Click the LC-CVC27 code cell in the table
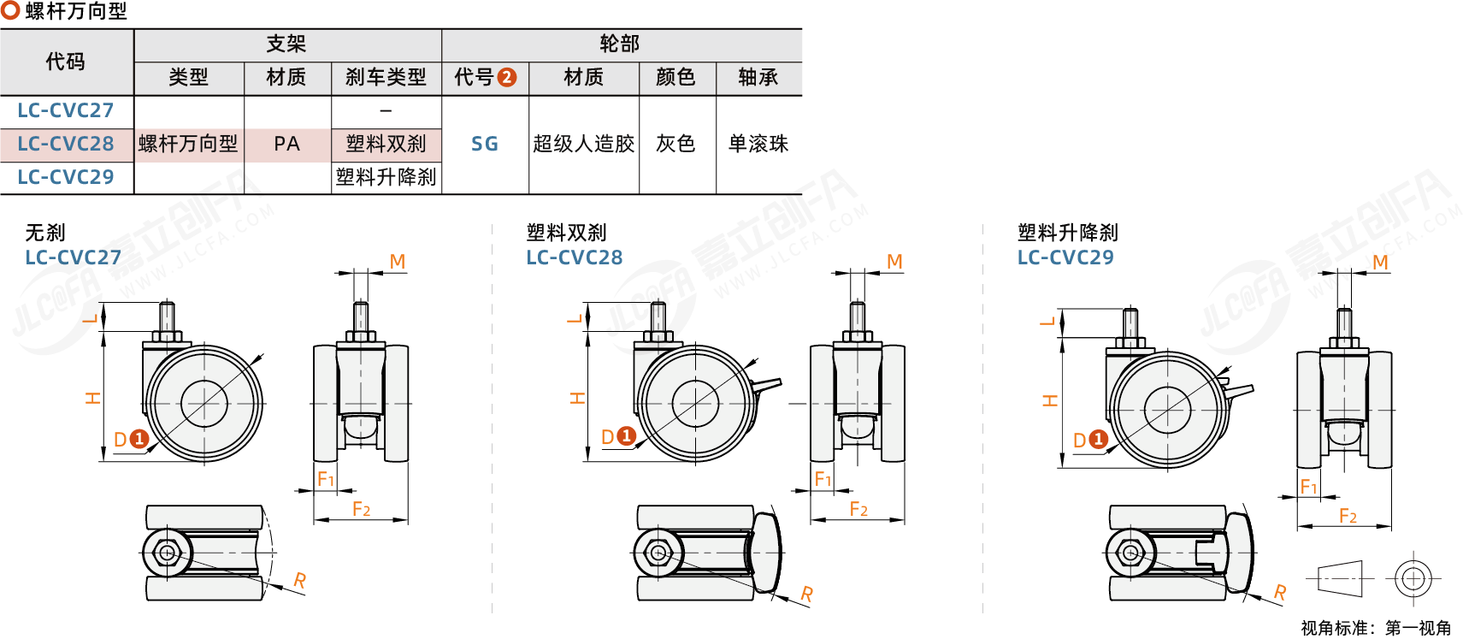click(66, 110)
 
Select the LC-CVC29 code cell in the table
click(66, 177)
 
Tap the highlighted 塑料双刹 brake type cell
click(386, 144)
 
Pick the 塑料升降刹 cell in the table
click(386, 177)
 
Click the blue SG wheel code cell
click(485, 144)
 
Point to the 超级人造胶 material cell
click(584, 144)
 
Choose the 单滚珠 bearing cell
click(758, 144)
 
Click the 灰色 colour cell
click(676, 144)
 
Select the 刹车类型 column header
click(386, 78)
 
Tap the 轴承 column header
click(758, 78)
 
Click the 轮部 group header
click(620, 44)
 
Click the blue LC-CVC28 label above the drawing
click(575, 257)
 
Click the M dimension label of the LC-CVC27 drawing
click(398, 262)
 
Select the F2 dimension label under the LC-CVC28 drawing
click(858, 510)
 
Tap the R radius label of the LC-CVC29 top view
click(1280, 592)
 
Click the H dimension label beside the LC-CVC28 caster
click(578, 398)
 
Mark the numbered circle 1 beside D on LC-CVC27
click(139, 439)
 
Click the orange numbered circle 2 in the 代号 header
click(507, 78)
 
